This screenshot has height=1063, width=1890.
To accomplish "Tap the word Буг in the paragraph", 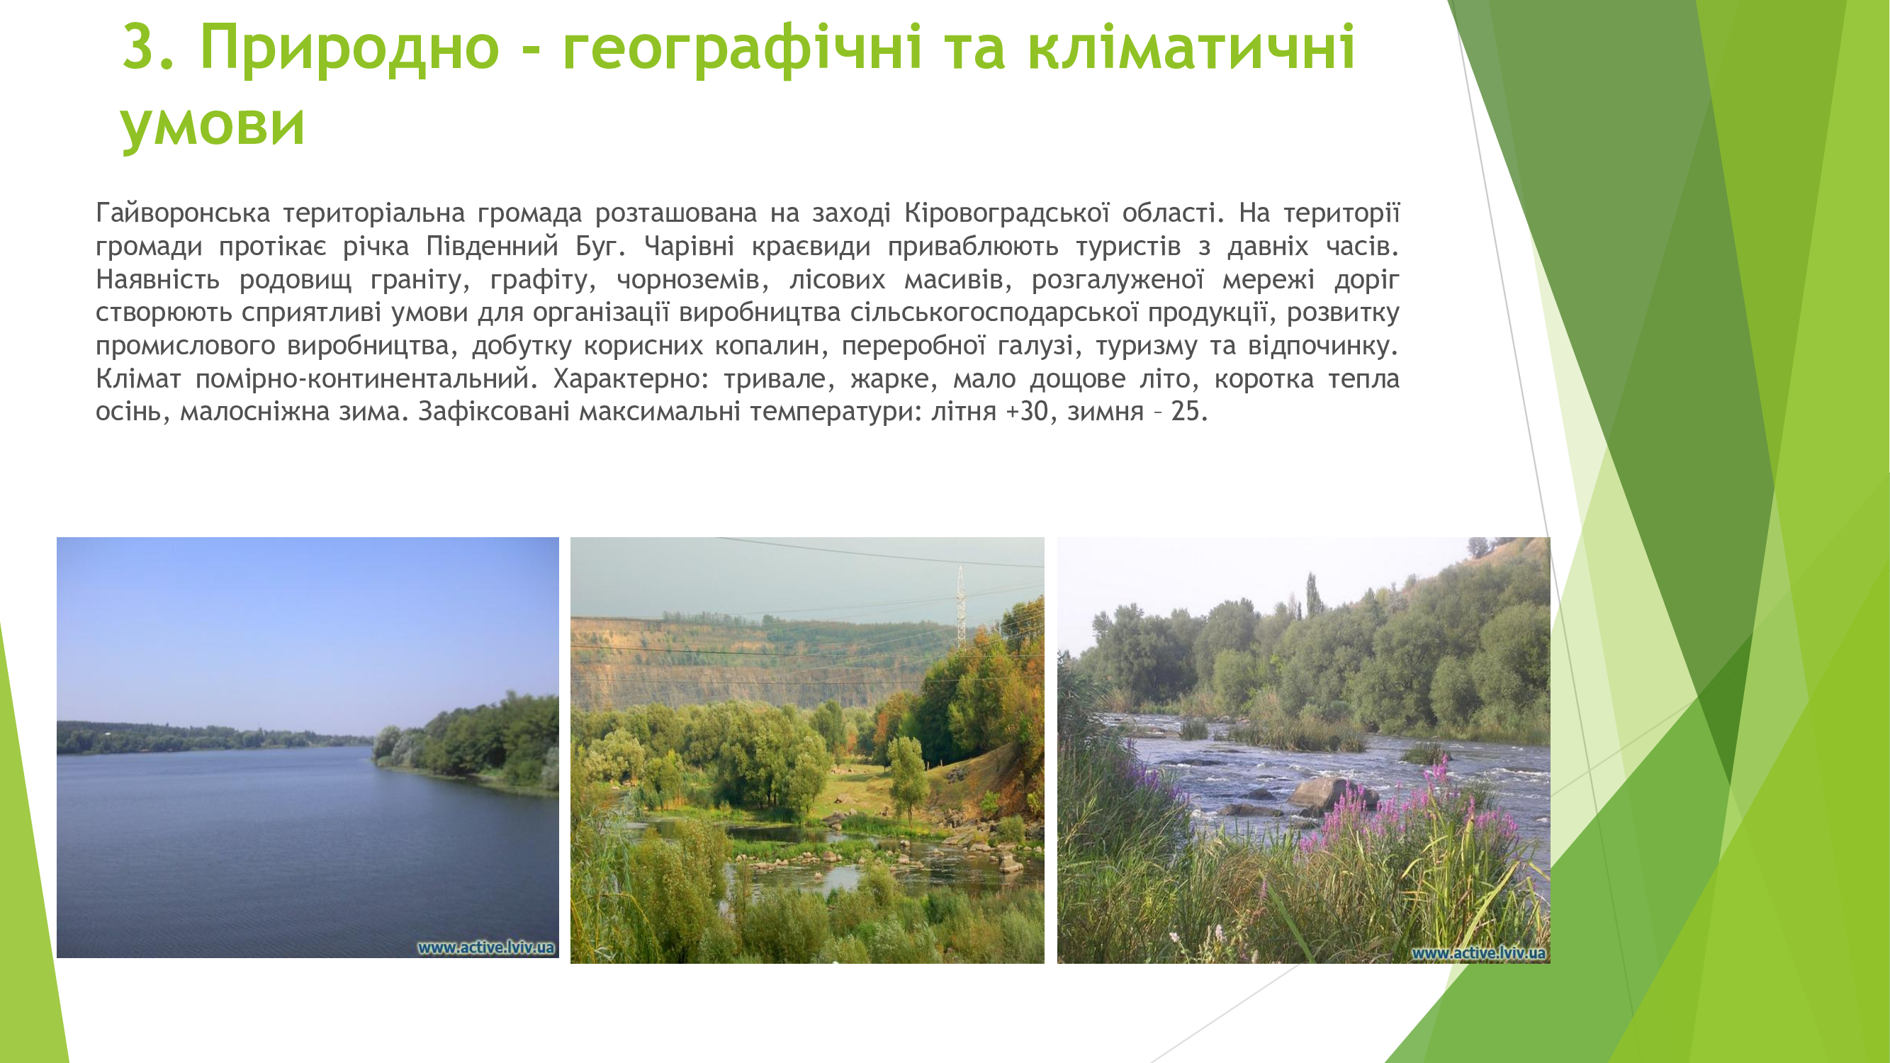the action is tap(600, 247).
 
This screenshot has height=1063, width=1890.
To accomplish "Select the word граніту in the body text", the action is tap(420, 279).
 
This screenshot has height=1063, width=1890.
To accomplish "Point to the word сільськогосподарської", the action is tap(994, 313).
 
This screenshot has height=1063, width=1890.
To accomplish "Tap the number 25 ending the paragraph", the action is tap(1188, 412).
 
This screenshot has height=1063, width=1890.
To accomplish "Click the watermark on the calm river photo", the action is tap(485, 947).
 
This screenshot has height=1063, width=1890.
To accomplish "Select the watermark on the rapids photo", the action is tap(1478, 953).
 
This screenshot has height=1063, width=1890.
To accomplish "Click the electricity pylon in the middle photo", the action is tap(960, 607).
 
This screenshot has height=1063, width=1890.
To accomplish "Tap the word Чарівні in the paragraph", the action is tap(689, 247).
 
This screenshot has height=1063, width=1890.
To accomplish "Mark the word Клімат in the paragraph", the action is tap(139, 378).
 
